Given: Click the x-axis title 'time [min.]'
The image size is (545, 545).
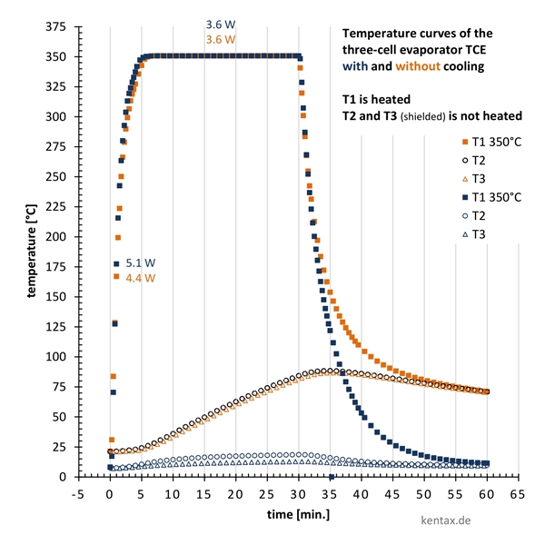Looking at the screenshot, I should tap(298, 513).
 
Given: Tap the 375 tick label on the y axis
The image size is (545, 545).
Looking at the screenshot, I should tap(56, 27).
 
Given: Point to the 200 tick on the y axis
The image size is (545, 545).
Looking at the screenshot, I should tap(56, 236).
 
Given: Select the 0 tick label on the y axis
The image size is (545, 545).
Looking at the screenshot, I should tap(62, 477).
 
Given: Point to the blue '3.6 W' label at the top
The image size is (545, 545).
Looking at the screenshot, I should tap(221, 25).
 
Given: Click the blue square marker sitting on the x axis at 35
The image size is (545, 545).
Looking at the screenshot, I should tap(331, 477).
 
